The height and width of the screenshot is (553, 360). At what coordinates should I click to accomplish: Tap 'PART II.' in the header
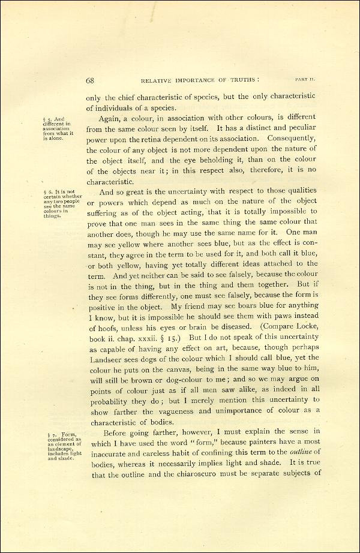(305, 79)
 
